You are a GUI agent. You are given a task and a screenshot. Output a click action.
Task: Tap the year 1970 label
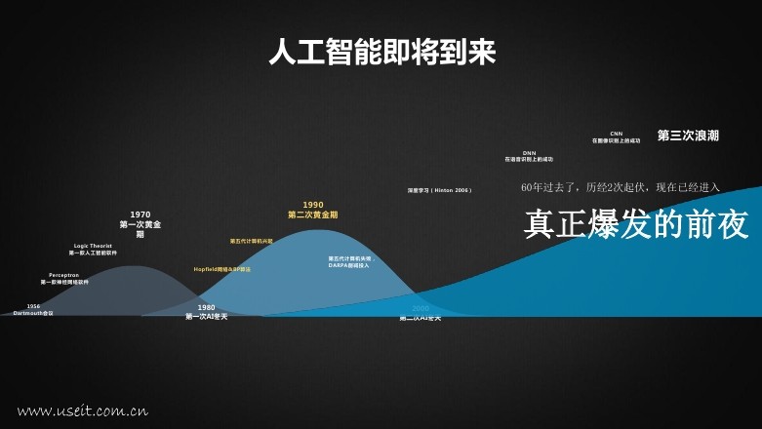tap(140, 214)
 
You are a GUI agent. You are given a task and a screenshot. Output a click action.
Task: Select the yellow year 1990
tap(313, 205)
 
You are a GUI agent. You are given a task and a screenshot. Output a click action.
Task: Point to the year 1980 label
tap(206, 307)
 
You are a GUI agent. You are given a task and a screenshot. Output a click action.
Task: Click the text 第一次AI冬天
tap(206, 316)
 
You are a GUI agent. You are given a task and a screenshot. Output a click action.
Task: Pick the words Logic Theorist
tap(93, 246)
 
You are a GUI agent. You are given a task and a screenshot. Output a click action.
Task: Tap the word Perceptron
tap(64, 275)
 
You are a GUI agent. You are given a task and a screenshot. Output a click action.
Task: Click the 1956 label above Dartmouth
tap(33, 306)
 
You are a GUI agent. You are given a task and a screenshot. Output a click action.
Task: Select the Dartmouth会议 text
tap(33, 313)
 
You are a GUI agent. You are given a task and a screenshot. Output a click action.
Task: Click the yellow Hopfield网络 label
tap(221, 269)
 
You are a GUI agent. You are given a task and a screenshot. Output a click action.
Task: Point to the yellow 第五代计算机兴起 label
tap(252, 240)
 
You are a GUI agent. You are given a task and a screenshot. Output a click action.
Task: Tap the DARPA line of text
tap(350, 264)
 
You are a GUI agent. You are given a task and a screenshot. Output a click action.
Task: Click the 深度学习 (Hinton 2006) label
tap(439, 190)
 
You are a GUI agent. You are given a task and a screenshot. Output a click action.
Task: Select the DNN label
tap(529, 153)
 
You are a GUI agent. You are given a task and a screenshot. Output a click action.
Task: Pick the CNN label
tap(616, 134)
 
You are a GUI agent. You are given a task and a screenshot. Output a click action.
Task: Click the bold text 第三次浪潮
tap(688, 136)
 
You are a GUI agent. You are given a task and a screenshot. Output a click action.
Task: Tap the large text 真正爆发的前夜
tap(636, 225)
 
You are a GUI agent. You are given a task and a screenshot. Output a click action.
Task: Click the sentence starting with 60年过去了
tap(621, 186)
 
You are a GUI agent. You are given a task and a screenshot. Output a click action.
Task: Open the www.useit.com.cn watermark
tap(82, 410)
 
